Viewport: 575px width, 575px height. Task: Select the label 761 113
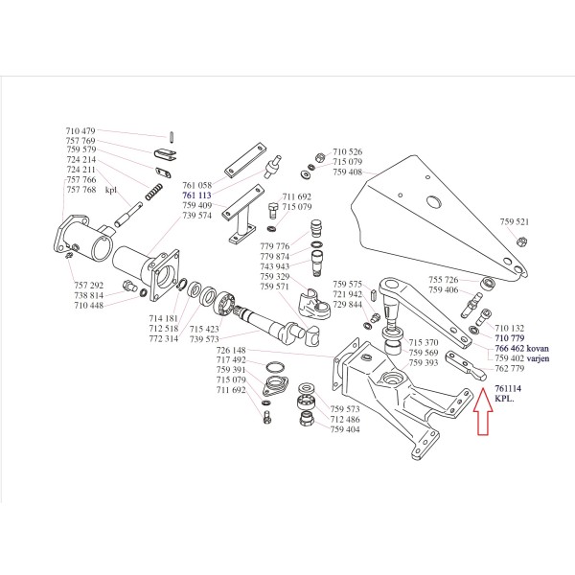[x=195, y=195]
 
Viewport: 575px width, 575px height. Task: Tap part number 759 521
[x=514, y=221]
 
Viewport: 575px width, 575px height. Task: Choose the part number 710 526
[x=347, y=151]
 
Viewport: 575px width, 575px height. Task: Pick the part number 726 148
[x=231, y=350]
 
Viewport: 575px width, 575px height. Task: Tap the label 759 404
[x=344, y=429]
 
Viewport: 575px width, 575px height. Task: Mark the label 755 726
[x=444, y=279]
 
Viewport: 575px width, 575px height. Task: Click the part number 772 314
[x=164, y=338]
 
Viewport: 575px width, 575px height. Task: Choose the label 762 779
[x=510, y=369]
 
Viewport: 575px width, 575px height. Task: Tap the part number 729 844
[x=348, y=304]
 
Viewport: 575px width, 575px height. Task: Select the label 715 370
[x=423, y=343]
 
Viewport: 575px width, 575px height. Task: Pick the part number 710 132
[x=509, y=328]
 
